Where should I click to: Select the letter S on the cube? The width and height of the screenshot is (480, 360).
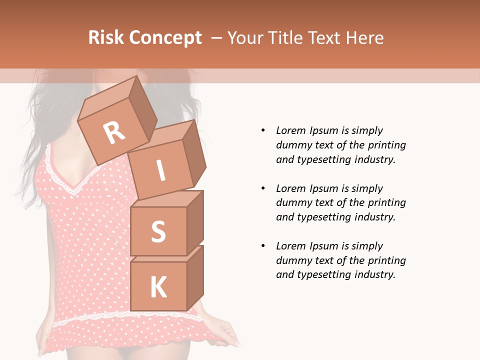(158, 231)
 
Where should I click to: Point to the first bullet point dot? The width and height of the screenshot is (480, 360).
(263, 130)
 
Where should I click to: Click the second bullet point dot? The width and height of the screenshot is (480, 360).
(263, 188)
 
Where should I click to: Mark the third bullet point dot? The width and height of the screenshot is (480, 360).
(263, 246)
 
